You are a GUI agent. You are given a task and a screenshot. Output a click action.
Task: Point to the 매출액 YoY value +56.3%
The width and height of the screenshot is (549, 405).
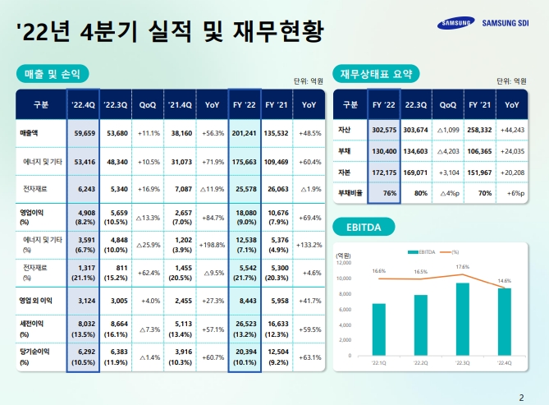(x=213, y=132)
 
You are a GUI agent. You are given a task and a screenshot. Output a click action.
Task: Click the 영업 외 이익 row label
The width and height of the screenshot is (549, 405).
(x=36, y=301)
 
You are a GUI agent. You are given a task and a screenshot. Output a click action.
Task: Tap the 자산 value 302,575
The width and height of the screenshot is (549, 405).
(x=384, y=130)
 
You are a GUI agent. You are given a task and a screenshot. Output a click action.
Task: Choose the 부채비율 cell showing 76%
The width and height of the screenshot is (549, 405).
(x=390, y=193)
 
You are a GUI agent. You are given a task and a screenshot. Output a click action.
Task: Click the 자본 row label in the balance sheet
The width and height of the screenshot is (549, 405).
(x=347, y=172)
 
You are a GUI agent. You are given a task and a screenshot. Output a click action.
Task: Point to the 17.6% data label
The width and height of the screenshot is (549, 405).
(x=462, y=267)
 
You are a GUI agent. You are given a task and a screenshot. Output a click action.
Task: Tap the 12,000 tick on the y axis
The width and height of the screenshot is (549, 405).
(x=342, y=264)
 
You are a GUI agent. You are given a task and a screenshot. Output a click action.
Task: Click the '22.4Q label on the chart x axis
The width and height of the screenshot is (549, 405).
(x=504, y=361)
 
